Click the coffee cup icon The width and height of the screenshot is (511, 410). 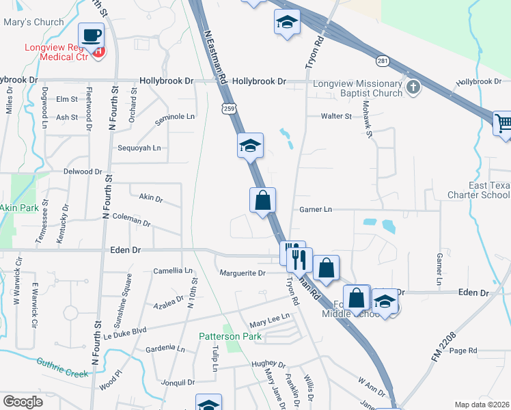tap(92, 35)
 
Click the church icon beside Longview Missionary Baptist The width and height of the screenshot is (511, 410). tap(413, 87)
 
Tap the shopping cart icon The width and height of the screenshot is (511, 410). tap(503, 124)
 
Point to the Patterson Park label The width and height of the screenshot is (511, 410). tap(230, 336)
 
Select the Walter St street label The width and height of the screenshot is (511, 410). tap(336, 116)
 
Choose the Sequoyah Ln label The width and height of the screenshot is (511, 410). tap(139, 148)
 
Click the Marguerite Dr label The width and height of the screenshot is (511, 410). tap(242, 273)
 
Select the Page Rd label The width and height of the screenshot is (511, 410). tap(462, 351)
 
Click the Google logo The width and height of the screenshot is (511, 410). tap(23, 402)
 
